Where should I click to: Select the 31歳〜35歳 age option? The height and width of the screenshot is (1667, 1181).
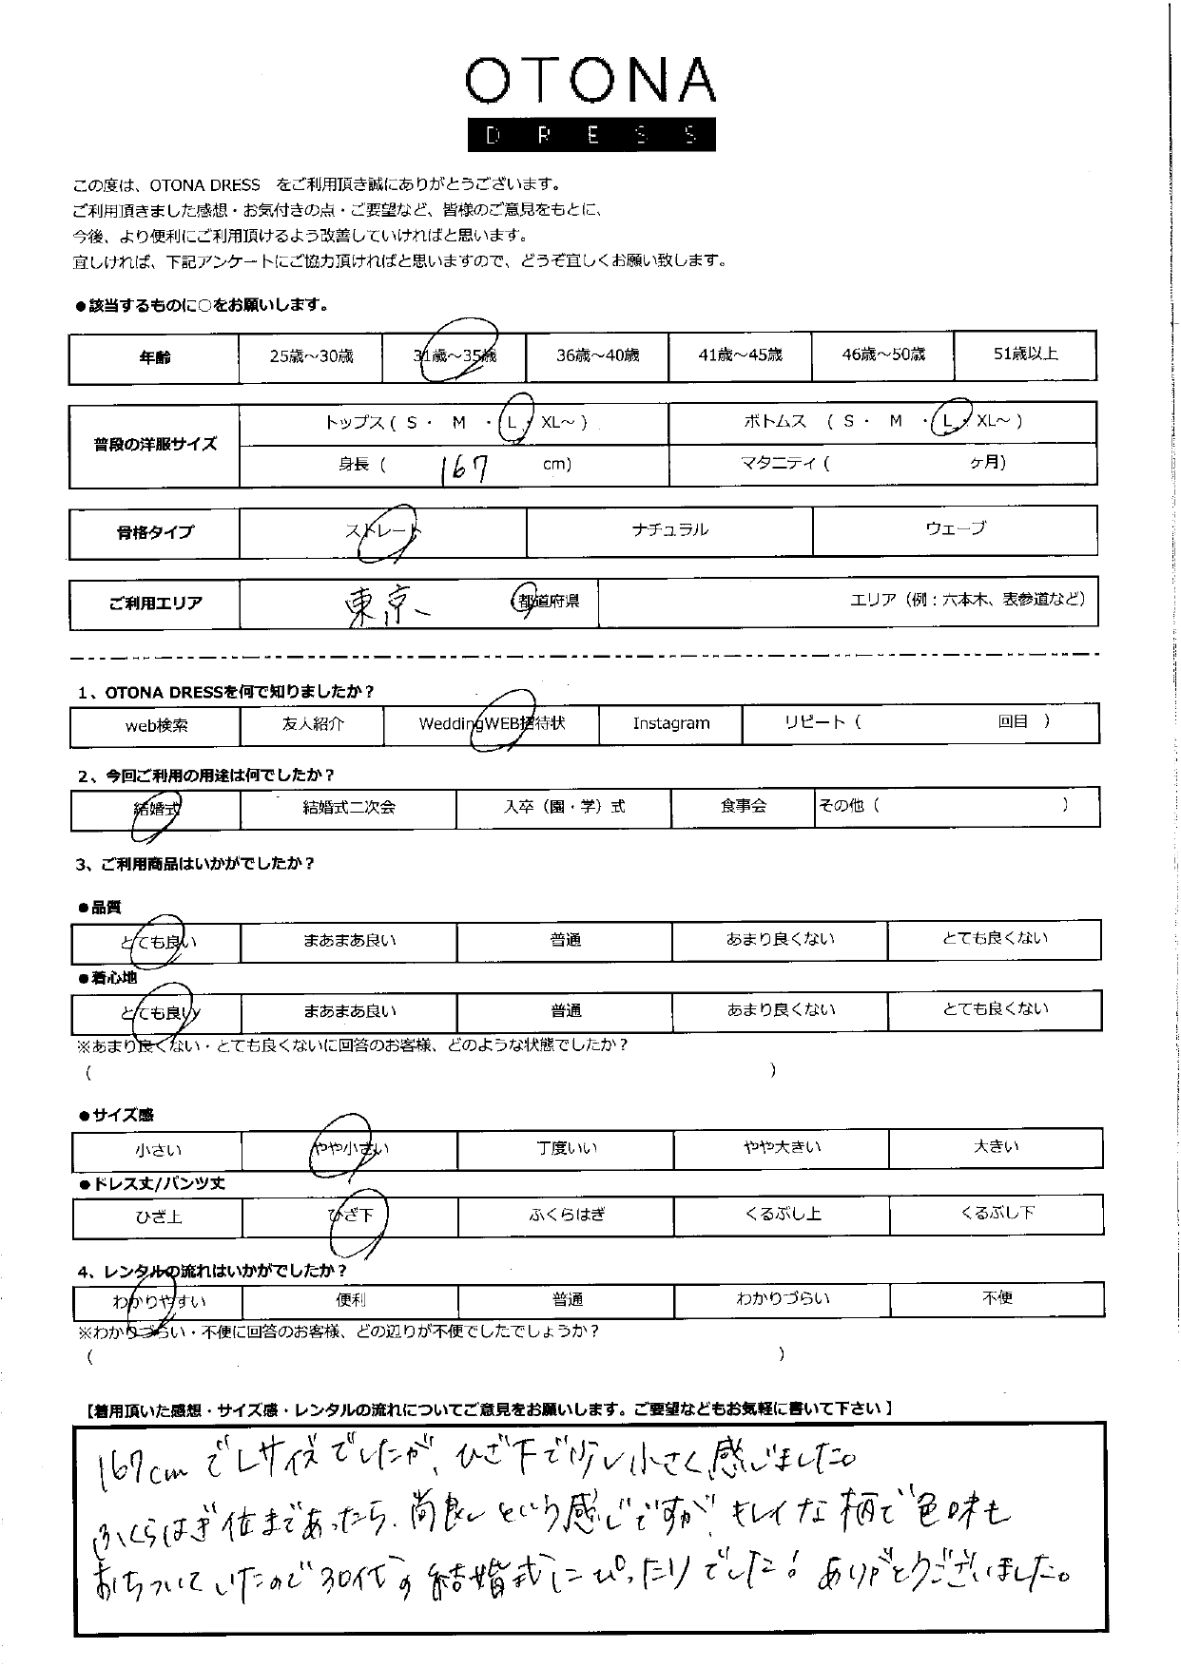click(455, 356)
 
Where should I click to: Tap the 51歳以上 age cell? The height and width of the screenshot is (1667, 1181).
click(1025, 354)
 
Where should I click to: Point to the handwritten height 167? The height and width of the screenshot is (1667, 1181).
click(465, 467)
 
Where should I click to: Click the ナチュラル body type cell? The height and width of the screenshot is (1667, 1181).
click(669, 530)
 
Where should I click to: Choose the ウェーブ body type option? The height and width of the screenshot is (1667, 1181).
click(955, 529)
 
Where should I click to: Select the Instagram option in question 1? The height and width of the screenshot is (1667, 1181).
click(670, 724)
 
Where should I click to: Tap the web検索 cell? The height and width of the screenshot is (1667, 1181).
click(156, 726)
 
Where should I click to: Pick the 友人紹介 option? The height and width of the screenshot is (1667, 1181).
click(313, 724)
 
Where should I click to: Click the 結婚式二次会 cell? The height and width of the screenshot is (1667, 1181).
click(348, 808)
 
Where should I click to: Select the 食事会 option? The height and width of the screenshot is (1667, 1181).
click(743, 807)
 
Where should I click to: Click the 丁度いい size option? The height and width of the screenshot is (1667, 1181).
click(566, 1149)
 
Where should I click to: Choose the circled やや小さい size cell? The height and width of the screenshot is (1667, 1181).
click(350, 1149)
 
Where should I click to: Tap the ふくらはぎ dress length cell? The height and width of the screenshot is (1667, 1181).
click(567, 1216)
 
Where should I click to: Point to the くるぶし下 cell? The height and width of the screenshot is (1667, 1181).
click(997, 1214)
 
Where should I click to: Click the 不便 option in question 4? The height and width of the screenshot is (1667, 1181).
click(997, 1298)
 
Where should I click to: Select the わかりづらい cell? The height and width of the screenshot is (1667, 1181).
click(783, 1298)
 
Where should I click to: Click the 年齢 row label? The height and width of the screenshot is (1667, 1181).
click(154, 357)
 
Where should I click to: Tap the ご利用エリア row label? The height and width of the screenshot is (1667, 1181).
click(155, 604)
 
